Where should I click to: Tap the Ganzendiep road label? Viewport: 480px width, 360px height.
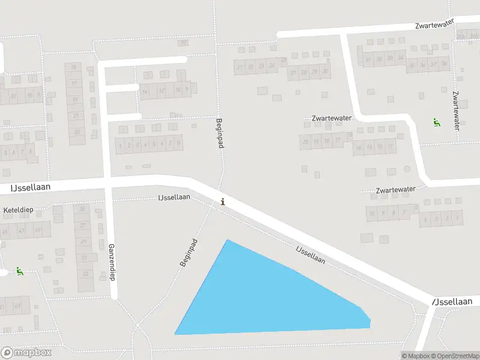112,262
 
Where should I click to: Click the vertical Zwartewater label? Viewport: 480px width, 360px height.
457,110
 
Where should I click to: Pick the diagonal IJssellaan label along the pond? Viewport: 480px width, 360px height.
310,254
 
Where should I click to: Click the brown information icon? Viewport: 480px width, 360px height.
223,202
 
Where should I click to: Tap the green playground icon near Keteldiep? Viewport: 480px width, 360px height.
20,271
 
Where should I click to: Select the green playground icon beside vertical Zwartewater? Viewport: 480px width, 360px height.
436,122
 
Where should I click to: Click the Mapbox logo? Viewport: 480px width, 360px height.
26,353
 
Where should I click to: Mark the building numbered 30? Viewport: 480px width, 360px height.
325,72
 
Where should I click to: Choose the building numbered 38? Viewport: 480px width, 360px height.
444,65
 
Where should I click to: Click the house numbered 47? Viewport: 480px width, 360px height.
22,230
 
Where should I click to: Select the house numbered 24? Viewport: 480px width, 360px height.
272,65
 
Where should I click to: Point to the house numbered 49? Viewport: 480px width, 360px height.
38,230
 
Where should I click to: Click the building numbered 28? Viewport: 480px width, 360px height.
304,72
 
